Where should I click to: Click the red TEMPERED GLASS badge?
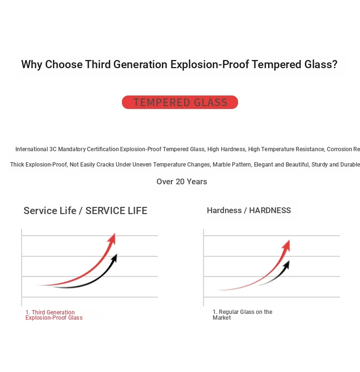coord(180,102)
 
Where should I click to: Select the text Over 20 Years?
coord(182,181)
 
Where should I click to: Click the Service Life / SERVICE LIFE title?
coord(85,211)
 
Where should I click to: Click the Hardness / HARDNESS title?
coord(249,210)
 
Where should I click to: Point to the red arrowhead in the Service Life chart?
coord(112,239)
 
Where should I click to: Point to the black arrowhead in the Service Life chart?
coord(114,259)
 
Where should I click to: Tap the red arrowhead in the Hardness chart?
coord(286,246)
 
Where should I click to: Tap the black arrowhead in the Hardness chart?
coord(287,265)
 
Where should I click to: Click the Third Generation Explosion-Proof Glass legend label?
coord(54,315)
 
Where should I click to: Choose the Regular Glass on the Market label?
coord(242,315)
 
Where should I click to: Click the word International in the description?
coord(32,149)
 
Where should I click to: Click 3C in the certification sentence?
coord(53,149)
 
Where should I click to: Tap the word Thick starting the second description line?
coord(17,165)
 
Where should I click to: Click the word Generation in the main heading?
coord(140,64)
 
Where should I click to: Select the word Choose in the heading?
coord(64,64)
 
